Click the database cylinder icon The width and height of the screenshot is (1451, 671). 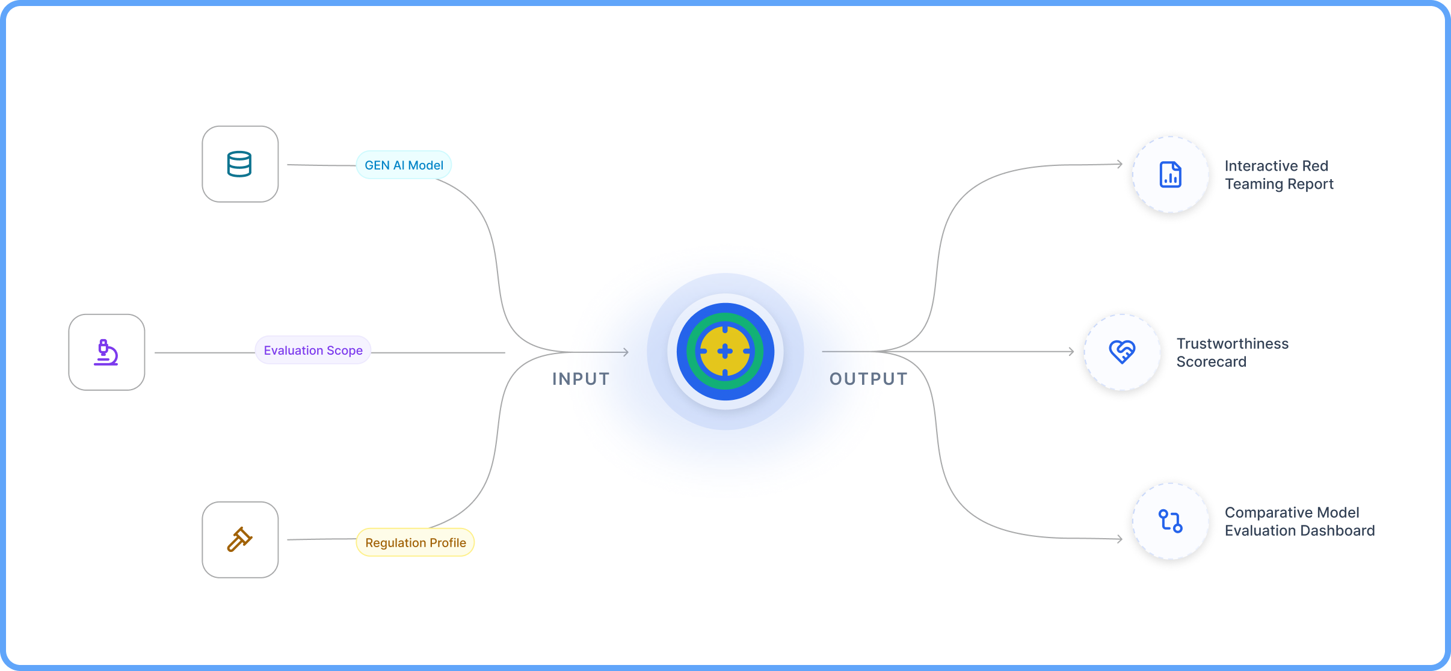pos(239,164)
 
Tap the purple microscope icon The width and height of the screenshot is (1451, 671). pos(106,352)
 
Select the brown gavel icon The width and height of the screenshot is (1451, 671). pos(239,539)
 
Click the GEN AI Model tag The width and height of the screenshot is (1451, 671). pos(404,165)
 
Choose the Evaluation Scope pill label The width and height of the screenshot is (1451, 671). pos(313,351)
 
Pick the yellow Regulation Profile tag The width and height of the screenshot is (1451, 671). pos(415,543)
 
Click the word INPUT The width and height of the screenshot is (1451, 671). pos(581,379)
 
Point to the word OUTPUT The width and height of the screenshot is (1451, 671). pos(868,379)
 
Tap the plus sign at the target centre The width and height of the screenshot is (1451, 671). pos(725,352)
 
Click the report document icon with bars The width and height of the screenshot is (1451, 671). pos(1170,175)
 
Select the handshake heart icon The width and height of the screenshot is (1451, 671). pos(1122,352)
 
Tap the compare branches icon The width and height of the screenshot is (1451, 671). pos(1170,521)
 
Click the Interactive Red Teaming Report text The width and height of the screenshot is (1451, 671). pos(1278,175)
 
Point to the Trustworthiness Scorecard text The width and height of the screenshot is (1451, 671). pos(1232,353)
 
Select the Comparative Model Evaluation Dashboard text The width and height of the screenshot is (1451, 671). pos(1299,522)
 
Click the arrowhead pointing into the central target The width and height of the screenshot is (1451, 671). pos(626,352)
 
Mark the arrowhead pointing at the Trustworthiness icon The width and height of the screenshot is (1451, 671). pos(1071,352)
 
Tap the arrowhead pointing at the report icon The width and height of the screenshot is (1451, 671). pos(1119,164)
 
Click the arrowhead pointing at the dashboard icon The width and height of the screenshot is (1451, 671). pos(1119,539)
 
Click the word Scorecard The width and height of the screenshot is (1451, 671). pos(1211,362)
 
